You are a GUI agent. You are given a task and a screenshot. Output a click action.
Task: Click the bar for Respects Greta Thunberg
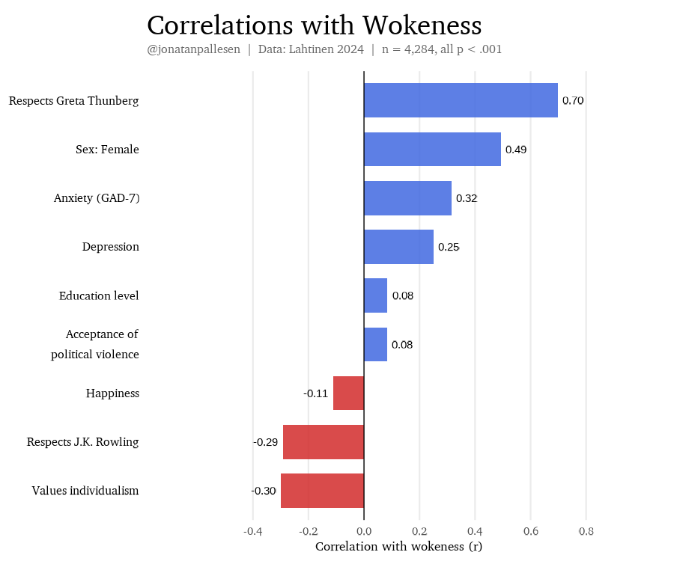pos(461,100)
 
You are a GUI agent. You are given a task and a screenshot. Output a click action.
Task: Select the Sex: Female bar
pos(432,150)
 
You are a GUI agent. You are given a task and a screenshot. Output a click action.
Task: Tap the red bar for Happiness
pos(348,393)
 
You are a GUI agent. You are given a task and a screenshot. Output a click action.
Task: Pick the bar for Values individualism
pos(322,491)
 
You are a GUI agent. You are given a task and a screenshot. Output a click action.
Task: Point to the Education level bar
pos(375,295)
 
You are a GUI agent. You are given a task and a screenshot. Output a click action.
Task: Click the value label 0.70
pos(573,100)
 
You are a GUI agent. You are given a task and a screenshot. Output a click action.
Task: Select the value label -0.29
pos(266,442)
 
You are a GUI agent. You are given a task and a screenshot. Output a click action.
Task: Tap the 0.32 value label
pos(467,198)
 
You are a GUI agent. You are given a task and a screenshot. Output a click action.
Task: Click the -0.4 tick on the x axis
pos(253,532)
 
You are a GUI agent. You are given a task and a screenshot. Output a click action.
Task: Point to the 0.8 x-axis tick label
pos(586,532)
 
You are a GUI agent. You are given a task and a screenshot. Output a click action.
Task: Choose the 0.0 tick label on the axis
pos(364,532)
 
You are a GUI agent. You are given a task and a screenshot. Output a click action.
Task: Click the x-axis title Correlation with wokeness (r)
pos(398,547)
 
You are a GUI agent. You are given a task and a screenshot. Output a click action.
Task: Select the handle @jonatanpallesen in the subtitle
pos(194,50)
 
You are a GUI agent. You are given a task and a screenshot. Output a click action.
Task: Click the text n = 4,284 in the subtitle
pos(409,50)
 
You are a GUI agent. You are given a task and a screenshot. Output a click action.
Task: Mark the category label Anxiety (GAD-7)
pos(97,198)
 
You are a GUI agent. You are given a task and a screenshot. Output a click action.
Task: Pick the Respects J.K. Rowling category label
pos(83,442)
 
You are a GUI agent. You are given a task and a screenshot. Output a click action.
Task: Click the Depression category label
pos(111,247)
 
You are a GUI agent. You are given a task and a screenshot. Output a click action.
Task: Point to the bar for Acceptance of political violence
pos(375,344)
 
